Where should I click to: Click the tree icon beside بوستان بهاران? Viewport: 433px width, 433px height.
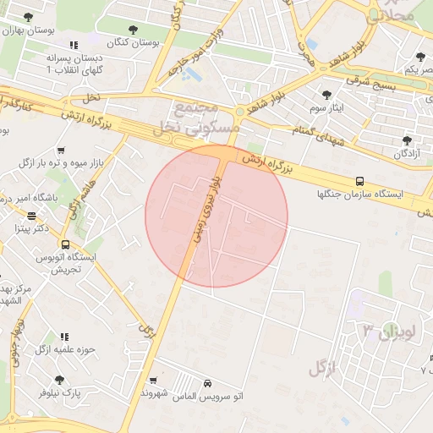[29, 17]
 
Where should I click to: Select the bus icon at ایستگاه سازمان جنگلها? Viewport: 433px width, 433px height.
[360, 181]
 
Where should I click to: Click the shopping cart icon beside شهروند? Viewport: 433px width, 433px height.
[152, 381]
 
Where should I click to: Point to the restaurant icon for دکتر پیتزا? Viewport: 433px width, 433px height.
[32, 216]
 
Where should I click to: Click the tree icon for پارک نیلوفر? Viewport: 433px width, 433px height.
[59, 380]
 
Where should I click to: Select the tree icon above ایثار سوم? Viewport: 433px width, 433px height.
[326, 95]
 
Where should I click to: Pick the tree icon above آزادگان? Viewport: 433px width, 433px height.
[408, 140]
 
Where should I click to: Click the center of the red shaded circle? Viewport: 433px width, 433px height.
[216, 216]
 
